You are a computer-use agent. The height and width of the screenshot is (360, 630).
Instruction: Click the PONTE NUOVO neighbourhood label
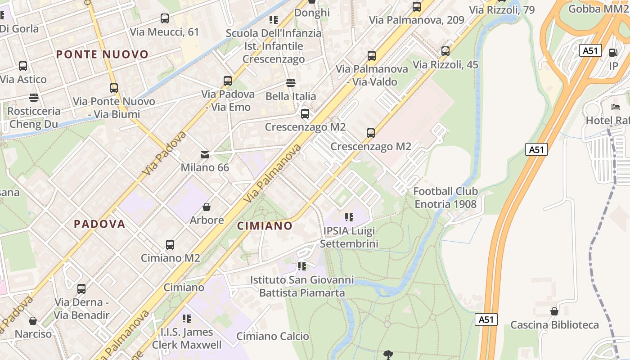(x=102, y=55)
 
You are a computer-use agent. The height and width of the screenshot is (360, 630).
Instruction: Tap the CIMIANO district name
(x=265, y=226)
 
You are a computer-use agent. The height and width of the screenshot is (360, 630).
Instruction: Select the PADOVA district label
(x=99, y=224)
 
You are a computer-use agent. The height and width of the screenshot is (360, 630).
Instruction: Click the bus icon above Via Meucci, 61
(x=165, y=18)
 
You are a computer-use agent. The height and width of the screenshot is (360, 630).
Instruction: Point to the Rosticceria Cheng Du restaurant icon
(x=33, y=97)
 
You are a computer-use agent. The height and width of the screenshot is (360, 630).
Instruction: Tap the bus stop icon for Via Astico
(x=23, y=66)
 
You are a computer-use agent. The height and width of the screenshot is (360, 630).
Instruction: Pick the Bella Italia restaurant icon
(x=291, y=83)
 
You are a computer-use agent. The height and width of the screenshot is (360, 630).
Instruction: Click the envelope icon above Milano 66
(x=205, y=155)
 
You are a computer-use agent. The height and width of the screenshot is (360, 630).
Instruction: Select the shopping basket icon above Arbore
(x=207, y=207)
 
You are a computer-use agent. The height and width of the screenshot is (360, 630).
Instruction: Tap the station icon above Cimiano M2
(x=170, y=245)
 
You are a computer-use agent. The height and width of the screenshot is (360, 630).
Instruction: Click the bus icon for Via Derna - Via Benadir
(x=81, y=289)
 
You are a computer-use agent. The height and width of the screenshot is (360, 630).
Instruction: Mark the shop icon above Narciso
(x=33, y=321)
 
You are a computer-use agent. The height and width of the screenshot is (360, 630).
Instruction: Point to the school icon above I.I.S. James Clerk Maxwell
(x=187, y=319)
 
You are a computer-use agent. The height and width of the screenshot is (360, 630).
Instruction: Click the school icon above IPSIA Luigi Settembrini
(x=349, y=218)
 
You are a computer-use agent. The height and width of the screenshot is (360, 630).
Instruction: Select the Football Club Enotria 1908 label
(x=445, y=198)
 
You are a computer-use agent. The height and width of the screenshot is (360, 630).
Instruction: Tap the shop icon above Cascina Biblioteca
(x=554, y=311)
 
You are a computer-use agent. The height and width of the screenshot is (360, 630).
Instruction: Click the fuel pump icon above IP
(x=613, y=53)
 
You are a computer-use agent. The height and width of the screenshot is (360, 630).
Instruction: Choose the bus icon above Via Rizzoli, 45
(x=445, y=51)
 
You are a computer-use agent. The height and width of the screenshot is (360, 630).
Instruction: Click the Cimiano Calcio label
(x=273, y=336)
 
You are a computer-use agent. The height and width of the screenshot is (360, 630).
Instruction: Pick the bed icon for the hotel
(x=615, y=107)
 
